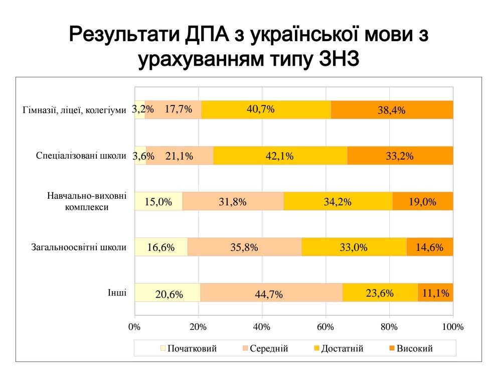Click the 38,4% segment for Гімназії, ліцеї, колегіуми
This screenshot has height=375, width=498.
tap(392, 110)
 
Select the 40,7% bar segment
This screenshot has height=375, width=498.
tap(266, 110)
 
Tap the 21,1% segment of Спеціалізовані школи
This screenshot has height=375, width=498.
tap(180, 156)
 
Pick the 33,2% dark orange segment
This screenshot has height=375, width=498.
tap(400, 156)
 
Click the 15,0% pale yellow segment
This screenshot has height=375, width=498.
tap(158, 201)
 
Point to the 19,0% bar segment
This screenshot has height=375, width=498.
tap(422, 201)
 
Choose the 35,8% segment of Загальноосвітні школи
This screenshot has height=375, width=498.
tap(245, 247)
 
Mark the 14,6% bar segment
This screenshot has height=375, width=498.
tap(430, 247)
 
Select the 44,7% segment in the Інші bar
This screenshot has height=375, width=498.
tap(271, 293)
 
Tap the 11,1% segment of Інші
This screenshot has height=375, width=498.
tap(435, 293)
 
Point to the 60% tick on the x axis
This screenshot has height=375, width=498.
tap(325, 327)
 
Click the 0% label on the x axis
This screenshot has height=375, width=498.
tap(134, 327)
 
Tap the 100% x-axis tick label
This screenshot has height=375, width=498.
tap(453, 327)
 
